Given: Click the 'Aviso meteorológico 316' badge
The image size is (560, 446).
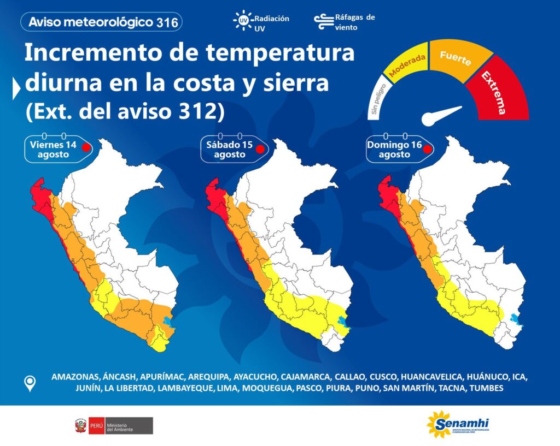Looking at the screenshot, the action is click(x=101, y=22).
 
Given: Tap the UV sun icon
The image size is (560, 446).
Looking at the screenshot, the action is click(x=243, y=21).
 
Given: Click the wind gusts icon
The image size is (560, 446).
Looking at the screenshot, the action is click(x=324, y=22).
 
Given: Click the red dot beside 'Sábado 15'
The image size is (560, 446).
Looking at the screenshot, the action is click(x=260, y=149).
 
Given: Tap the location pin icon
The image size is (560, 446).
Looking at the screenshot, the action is click(x=30, y=384).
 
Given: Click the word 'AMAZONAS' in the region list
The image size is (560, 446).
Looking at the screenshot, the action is click(x=75, y=377).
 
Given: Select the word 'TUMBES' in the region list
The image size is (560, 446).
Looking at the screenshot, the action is click(x=486, y=388).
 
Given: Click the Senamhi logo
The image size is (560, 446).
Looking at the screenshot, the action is click(x=458, y=424).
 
